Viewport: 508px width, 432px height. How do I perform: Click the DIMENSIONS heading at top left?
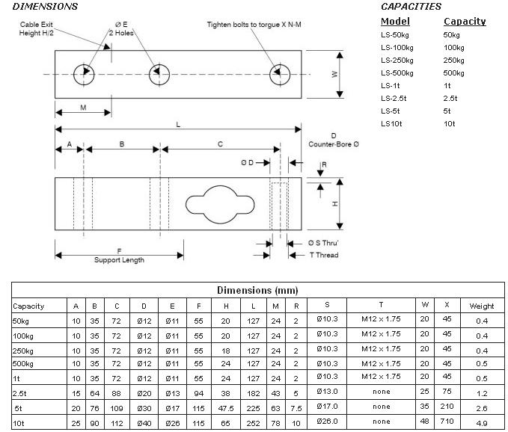click(x=39, y=7)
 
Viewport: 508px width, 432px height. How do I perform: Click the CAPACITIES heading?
click(x=410, y=7)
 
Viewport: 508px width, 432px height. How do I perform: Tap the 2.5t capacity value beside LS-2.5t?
click(x=450, y=98)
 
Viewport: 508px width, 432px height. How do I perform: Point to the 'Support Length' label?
click(x=119, y=260)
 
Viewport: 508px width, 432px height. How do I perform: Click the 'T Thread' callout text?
click(x=324, y=256)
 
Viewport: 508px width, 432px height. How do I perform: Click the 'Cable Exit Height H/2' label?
click(x=39, y=29)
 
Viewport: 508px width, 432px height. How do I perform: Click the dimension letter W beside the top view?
click(x=334, y=74)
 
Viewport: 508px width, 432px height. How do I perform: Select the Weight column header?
click(x=481, y=306)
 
